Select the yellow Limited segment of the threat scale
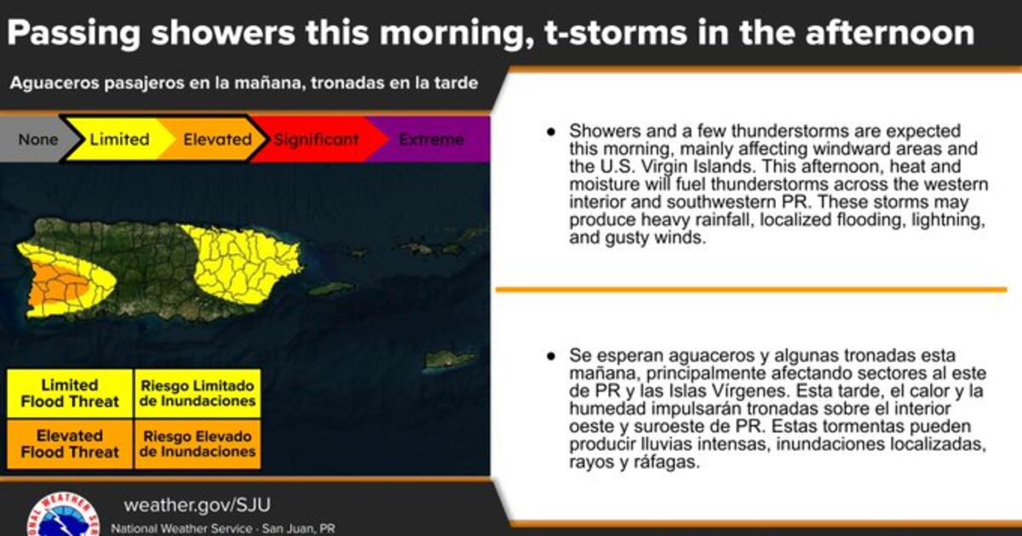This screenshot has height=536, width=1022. point(119,139)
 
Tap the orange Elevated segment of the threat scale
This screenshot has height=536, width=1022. point(215,139)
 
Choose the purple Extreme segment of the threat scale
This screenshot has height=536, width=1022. point(432,139)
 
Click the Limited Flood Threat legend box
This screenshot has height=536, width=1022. point(70,393)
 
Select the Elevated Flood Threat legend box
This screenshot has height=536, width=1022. point(70,444)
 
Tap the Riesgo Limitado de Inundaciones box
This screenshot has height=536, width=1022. point(198,393)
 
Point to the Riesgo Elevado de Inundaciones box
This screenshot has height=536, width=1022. point(198,444)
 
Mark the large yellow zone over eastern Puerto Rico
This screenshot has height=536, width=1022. point(242,265)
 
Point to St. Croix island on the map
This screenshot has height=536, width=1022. point(450,361)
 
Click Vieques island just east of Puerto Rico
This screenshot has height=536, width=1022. point(331,288)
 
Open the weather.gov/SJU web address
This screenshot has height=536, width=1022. point(197,505)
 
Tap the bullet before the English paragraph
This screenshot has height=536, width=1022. point(551,132)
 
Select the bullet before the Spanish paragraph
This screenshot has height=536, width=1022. point(551,356)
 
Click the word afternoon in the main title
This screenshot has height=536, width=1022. point(890,33)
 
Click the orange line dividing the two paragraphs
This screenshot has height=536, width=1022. point(751,289)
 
